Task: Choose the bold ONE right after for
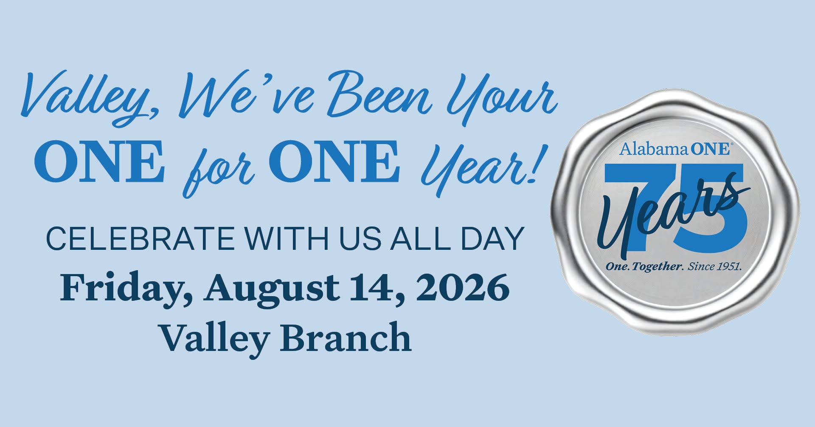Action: click(x=334, y=161)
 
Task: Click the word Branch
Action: click(x=346, y=337)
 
